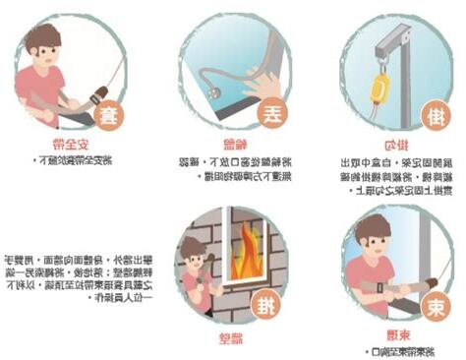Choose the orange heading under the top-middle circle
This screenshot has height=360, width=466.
tap(229, 144)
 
